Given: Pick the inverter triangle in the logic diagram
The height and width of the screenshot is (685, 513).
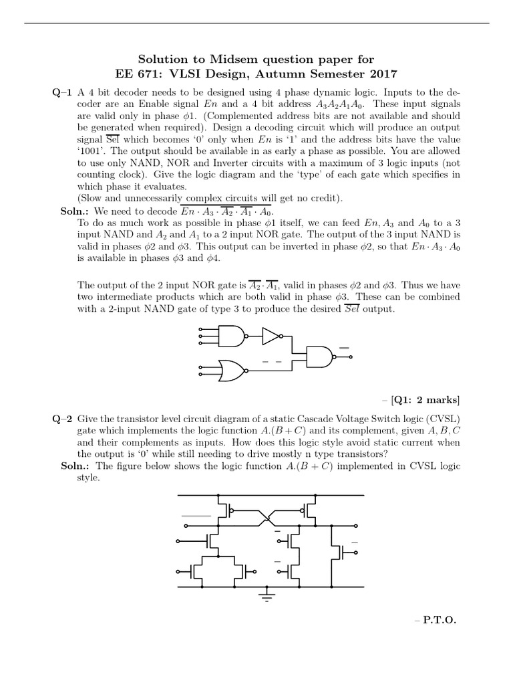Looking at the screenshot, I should point(271,336).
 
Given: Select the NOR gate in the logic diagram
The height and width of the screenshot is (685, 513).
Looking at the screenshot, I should point(230,369).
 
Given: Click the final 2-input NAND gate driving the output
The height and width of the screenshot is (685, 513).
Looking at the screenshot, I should point(319,357).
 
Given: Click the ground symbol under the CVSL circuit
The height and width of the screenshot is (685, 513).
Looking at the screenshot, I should point(268,595).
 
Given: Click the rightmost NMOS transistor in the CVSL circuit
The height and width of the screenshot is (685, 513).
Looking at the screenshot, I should point(343,553).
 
